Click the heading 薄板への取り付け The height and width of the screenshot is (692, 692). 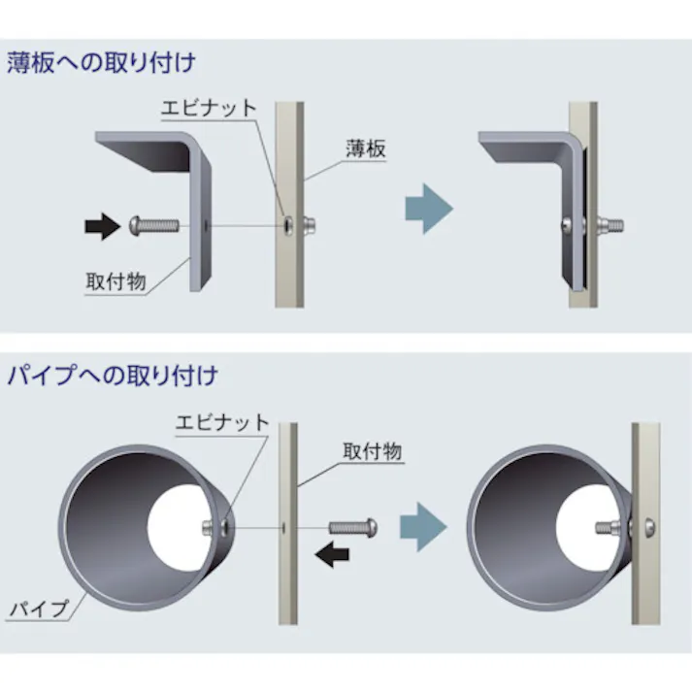coord(101,64)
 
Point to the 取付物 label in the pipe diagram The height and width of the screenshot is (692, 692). coord(373,451)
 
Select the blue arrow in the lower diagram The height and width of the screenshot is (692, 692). coord(424,528)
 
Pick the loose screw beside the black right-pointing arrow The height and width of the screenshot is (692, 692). coord(154,226)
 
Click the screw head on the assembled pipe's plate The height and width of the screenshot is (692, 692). coord(647,528)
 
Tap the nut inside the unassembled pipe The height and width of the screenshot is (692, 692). coord(214,527)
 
